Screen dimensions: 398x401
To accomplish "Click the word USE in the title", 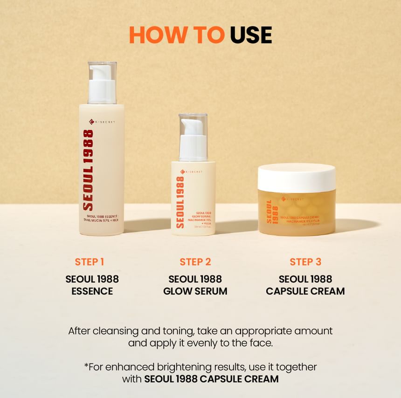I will [x=251, y=35].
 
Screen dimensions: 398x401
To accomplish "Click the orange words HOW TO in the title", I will [x=177, y=35].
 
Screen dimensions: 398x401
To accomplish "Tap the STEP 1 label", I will [x=89, y=262].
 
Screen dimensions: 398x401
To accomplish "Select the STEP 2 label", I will [x=195, y=262].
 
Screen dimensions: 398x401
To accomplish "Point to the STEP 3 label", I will [x=305, y=262].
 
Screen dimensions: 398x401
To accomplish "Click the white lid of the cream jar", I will [x=296, y=178].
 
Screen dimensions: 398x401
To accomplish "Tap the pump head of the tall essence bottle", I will [x=102, y=80].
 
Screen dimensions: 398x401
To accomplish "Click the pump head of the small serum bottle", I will [x=193, y=135].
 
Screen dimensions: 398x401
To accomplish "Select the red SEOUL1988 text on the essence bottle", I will [x=88, y=170].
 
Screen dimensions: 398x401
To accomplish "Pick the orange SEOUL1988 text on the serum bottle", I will [x=180, y=202].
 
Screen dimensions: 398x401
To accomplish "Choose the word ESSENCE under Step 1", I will [x=92, y=291].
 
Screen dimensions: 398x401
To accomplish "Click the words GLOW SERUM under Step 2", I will [x=195, y=291].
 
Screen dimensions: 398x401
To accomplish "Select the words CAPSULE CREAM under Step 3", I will [x=305, y=291].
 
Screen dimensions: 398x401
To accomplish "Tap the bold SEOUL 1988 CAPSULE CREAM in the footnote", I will [x=211, y=379].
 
